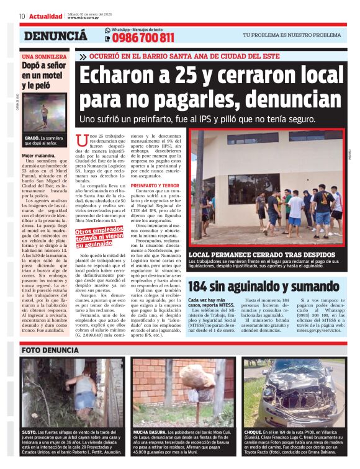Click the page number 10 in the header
pos(22,16)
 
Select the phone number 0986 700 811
pos(143,38)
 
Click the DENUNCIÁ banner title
pos(55,36)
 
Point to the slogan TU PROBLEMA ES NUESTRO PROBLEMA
pos(292,35)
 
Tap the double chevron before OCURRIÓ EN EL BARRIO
pos(83,56)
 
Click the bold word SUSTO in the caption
pos(30,431)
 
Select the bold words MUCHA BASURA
pos(150,431)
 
